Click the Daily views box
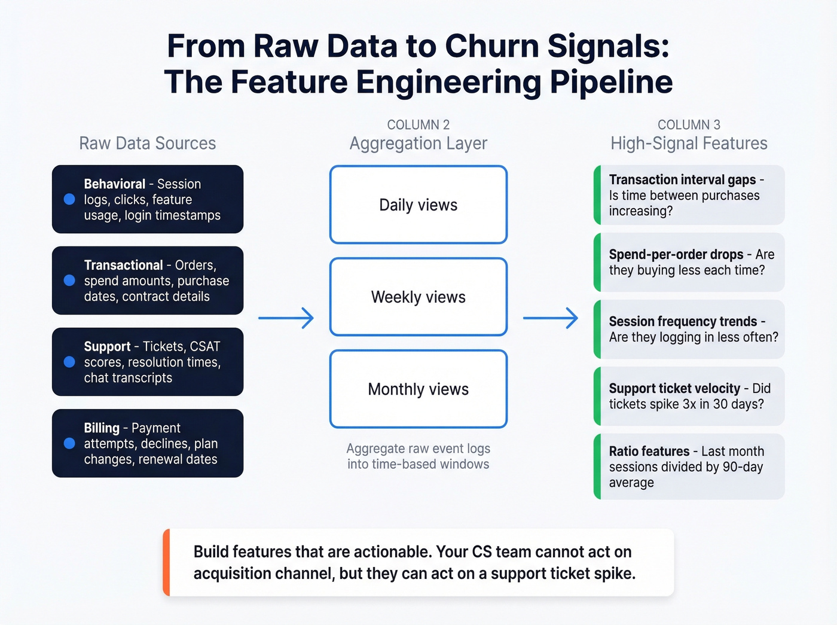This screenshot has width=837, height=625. pyautogui.click(x=418, y=205)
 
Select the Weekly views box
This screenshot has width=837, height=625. pyautogui.click(x=418, y=297)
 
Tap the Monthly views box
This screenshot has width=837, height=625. pyautogui.click(x=418, y=389)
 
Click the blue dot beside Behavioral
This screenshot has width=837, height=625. pyautogui.click(x=69, y=199)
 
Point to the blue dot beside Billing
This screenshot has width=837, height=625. pyautogui.click(x=69, y=443)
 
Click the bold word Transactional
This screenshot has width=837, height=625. pyautogui.click(x=123, y=265)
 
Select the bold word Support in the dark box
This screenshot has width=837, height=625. pyautogui.click(x=107, y=346)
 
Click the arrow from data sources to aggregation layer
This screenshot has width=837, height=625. pyautogui.click(x=286, y=318)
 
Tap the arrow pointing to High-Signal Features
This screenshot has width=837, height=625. pyautogui.click(x=551, y=318)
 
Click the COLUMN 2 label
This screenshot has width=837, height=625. pyautogui.click(x=418, y=124)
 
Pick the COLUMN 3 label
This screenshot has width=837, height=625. pyautogui.click(x=689, y=124)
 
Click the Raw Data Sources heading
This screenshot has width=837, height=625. pyautogui.click(x=147, y=144)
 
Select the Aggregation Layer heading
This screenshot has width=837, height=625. pyautogui.click(x=418, y=144)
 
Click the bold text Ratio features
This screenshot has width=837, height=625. pyautogui.click(x=649, y=451)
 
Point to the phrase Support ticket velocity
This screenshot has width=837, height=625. pyautogui.click(x=674, y=388)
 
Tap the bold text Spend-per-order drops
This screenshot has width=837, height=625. pyautogui.click(x=676, y=254)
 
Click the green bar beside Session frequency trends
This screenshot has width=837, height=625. pyautogui.click(x=597, y=329)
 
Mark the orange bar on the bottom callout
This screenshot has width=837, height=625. pyautogui.click(x=167, y=562)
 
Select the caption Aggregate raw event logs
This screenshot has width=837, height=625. pyautogui.click(x=418, y=449)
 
